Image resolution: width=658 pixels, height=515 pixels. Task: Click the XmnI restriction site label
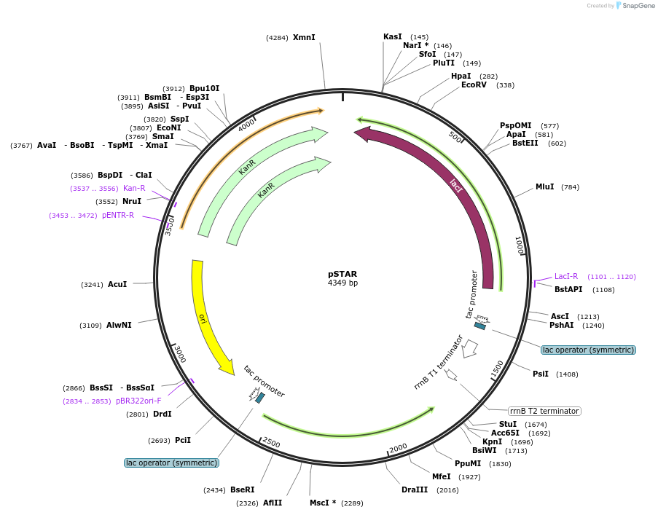point(304,37)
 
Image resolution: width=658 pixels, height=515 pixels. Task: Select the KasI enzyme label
point(393,36)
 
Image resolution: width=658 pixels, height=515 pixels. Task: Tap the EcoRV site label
point(474,85)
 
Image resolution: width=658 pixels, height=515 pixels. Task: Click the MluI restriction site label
point(545,187)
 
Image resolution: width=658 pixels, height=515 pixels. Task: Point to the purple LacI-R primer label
point(566,277)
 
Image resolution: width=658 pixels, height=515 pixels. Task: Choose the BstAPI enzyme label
point(568,290)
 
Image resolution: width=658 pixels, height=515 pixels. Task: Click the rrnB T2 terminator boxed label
point(544,411)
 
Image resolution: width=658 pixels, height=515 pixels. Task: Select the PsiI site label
point(541,374)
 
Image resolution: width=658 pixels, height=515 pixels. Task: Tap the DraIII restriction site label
point(414,490)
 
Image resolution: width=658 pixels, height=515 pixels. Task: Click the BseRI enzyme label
point(243,490)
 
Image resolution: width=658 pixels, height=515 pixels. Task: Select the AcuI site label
point(117,284)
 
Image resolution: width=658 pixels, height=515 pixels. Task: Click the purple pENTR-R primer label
point(118,216)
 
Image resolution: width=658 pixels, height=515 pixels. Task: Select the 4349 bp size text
point(342,283)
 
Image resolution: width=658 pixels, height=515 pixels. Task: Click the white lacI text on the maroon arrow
point(456,187)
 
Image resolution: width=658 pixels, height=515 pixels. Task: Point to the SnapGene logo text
point(637,6)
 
